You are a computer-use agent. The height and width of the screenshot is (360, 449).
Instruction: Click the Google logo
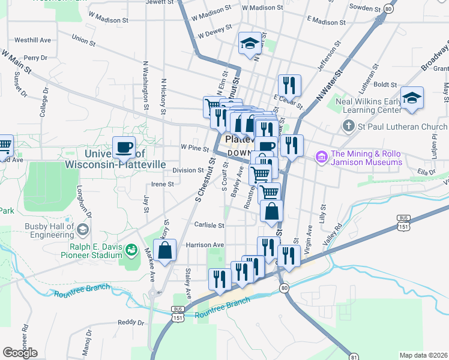(20, 352)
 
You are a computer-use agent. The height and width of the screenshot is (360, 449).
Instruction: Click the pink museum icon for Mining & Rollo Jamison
(321, 157)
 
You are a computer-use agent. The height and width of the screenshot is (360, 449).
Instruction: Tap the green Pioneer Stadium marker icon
(130, 250)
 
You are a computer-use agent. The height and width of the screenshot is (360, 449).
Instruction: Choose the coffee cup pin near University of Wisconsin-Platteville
(124, 146)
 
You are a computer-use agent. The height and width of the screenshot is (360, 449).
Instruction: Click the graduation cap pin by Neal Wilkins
(412, 98)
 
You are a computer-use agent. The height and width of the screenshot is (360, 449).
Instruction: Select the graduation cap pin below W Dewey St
(249, 43)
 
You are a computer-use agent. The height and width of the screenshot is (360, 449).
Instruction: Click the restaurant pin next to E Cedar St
(289, 85)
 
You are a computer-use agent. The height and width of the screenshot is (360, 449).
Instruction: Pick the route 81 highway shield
(354, 357)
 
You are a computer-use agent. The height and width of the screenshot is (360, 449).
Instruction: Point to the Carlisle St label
(209, 226)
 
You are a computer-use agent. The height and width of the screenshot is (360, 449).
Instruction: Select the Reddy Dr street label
(131, 322)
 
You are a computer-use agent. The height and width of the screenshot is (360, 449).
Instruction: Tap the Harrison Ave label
(205, 245)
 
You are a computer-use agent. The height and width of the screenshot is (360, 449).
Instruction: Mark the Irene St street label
(162, 184)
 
